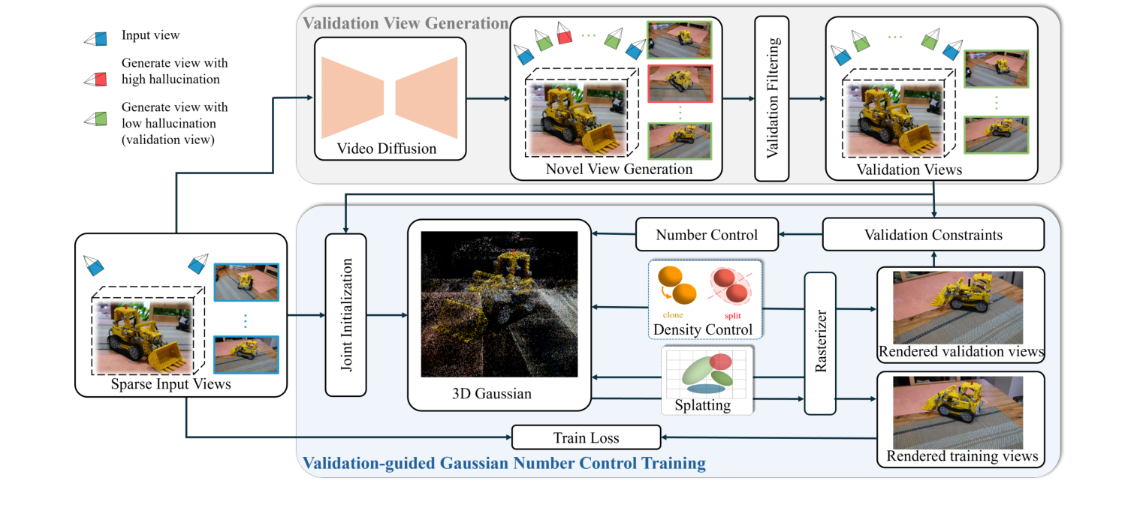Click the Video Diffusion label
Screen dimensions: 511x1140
coord(386,148)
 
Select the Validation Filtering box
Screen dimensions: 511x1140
coord(772,99)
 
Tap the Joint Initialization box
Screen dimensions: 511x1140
coord(345,314)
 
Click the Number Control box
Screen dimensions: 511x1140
coord(707,235)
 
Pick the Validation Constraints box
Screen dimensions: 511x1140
coord(933,235)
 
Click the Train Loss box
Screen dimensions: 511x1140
coord(586,437)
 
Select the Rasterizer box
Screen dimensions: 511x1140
coord(820,343)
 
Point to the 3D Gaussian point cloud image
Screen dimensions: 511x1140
coord(499,304)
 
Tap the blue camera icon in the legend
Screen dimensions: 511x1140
coord(96,38)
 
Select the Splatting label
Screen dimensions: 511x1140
coord(706,405)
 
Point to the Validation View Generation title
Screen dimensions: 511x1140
coord(404,23)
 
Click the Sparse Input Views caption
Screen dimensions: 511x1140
coord(181,384)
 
